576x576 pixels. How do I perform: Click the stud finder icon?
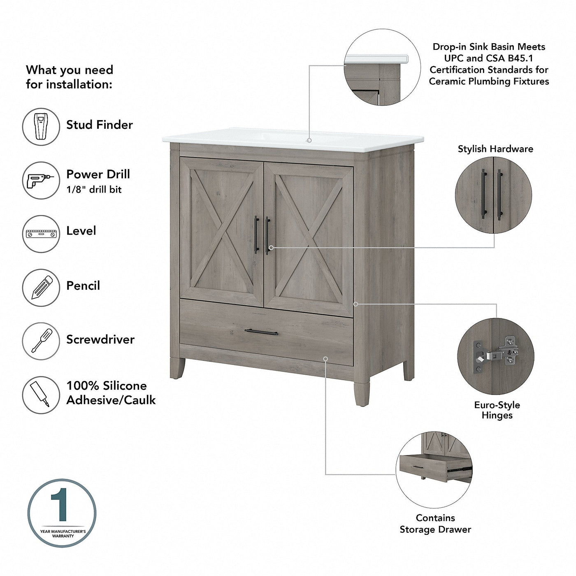(41, 126)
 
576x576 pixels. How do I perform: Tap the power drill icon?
(41, 180)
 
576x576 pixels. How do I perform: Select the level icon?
(41, 234)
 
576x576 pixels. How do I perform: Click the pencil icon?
(41, 288)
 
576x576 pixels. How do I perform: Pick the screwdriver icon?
(41, 341)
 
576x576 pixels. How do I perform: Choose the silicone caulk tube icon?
(41, 395)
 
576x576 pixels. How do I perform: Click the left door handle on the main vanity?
(256, 235)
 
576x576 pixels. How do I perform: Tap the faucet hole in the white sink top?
(309, 140)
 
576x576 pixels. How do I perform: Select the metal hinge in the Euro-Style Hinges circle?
(498, 352)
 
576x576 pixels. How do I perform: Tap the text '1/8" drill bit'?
(94, 190)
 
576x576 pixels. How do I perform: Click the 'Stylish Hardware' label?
(495, 149)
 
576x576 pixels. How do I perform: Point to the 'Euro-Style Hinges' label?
(497, 410)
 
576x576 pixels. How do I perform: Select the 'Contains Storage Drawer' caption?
(435, 524)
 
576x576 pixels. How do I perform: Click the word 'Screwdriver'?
(100, 339)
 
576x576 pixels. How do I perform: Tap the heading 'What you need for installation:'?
(70, 77)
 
